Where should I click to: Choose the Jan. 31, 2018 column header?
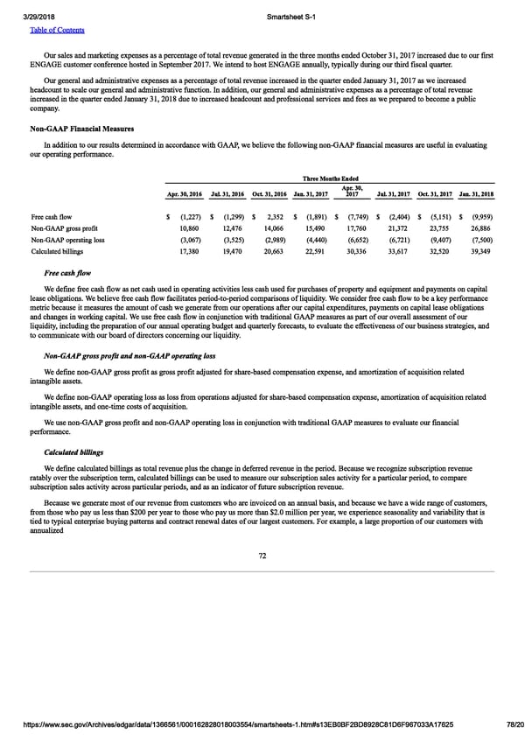click(474, 193)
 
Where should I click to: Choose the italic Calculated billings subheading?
click(73, 452)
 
